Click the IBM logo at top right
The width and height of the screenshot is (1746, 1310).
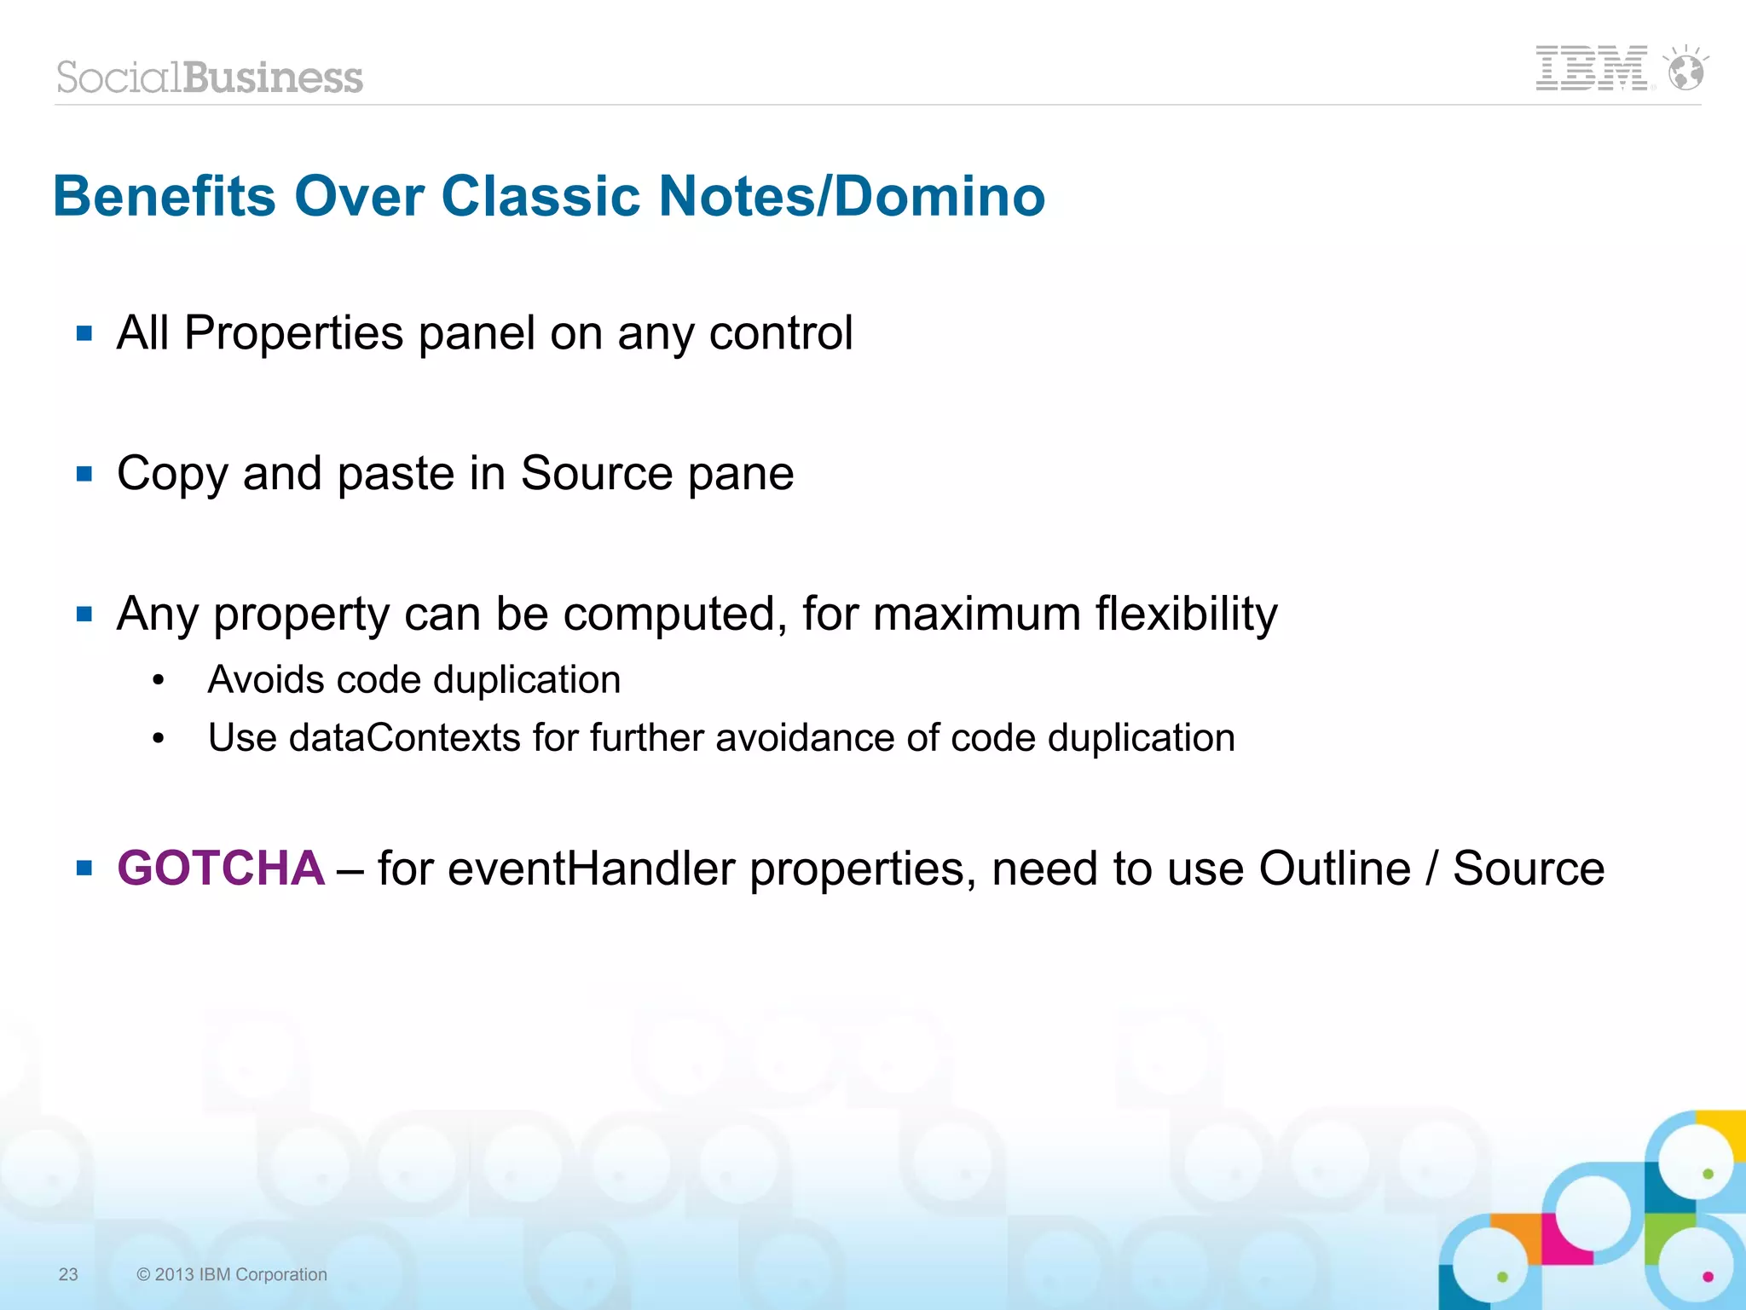(x=1591, y=68)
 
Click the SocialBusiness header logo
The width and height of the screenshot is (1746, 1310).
(x=210, y=78)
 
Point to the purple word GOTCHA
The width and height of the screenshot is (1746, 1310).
(x=221, y=869)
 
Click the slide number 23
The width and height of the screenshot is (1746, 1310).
(x=68, y=1274)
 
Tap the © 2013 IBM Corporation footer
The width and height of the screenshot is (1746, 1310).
(x=232, y=1274)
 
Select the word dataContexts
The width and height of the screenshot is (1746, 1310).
(x=404, y=738)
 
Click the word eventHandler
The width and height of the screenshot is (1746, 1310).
(x=590, y=869)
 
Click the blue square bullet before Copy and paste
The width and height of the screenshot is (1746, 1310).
(x=84, y=474)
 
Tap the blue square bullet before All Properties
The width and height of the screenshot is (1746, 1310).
(x=84, y=333)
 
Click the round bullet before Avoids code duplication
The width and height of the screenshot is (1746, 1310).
(x=158, y=681)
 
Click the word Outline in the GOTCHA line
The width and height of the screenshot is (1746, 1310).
(x=1334, y=869)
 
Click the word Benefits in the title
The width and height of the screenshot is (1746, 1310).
(x=165, y=197)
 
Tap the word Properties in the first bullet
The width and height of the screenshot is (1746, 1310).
(x=293, y=333)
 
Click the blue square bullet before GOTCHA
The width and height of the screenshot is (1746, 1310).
(x=84, y=869)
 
